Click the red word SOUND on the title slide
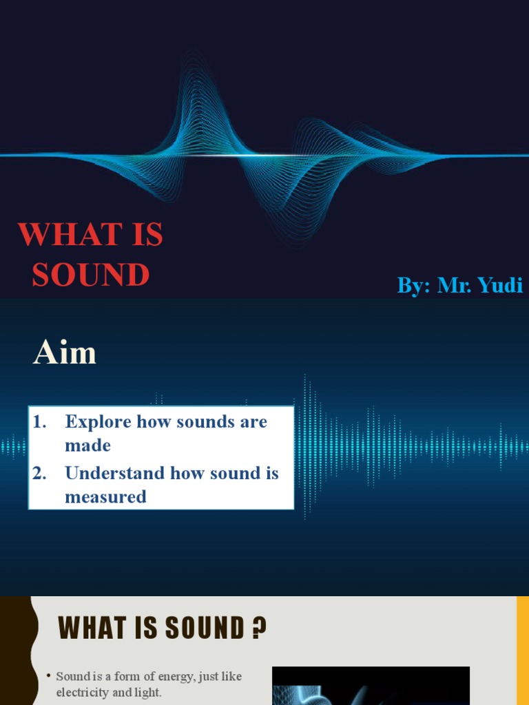tap(90, 275)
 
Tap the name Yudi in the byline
tap(500, 285)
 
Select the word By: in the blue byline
tap(413, 285)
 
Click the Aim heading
tap(65, 354)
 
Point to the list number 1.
tap(39, 422)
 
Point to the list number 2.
tap(39, 474)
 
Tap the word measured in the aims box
tap(105, 497)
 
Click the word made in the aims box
tap(87, 445)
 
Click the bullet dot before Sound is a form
tap(49, 677)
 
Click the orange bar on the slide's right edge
tap(523, 651)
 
